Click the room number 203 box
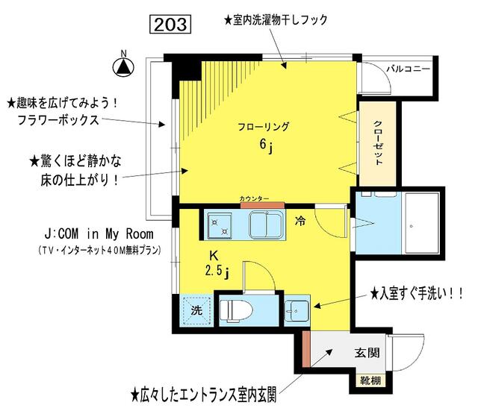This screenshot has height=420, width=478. [172, 24]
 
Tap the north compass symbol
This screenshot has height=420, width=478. [122, 66]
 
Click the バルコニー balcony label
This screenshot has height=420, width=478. [408, 69]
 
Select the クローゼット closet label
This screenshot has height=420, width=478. [377, 142]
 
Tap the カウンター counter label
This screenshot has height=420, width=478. [254, 198]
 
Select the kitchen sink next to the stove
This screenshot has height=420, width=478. [264, 224]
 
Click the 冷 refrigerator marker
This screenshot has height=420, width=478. [299, 221]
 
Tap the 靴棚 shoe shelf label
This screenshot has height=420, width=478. [370, 382]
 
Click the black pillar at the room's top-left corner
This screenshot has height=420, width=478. [188, 69]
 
